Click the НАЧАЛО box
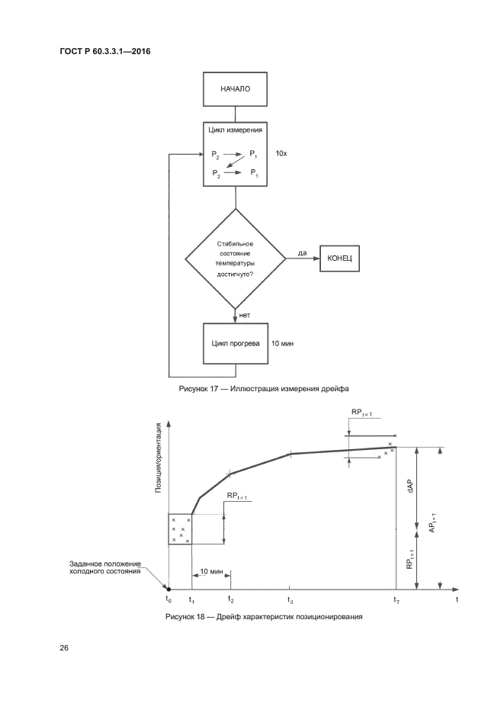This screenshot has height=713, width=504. coord(236,88)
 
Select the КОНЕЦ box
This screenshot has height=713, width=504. coord(339,259)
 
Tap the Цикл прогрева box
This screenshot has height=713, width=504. coord(236,343)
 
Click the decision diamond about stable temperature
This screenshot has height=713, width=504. coord(236,259)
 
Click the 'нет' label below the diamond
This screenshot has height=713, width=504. coord(245,314)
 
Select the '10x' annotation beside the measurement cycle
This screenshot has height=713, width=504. coord(281,153)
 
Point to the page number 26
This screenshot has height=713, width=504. coord(64,648)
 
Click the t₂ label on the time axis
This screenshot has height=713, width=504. coord(230,601)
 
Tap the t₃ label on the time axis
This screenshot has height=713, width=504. coord(291,601)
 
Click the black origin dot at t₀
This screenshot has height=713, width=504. coord(169,589)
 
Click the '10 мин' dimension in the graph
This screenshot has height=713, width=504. coord(211,571)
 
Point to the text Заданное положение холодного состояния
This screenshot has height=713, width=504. coord(105,568)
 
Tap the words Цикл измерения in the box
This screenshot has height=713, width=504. coord(236,130)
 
